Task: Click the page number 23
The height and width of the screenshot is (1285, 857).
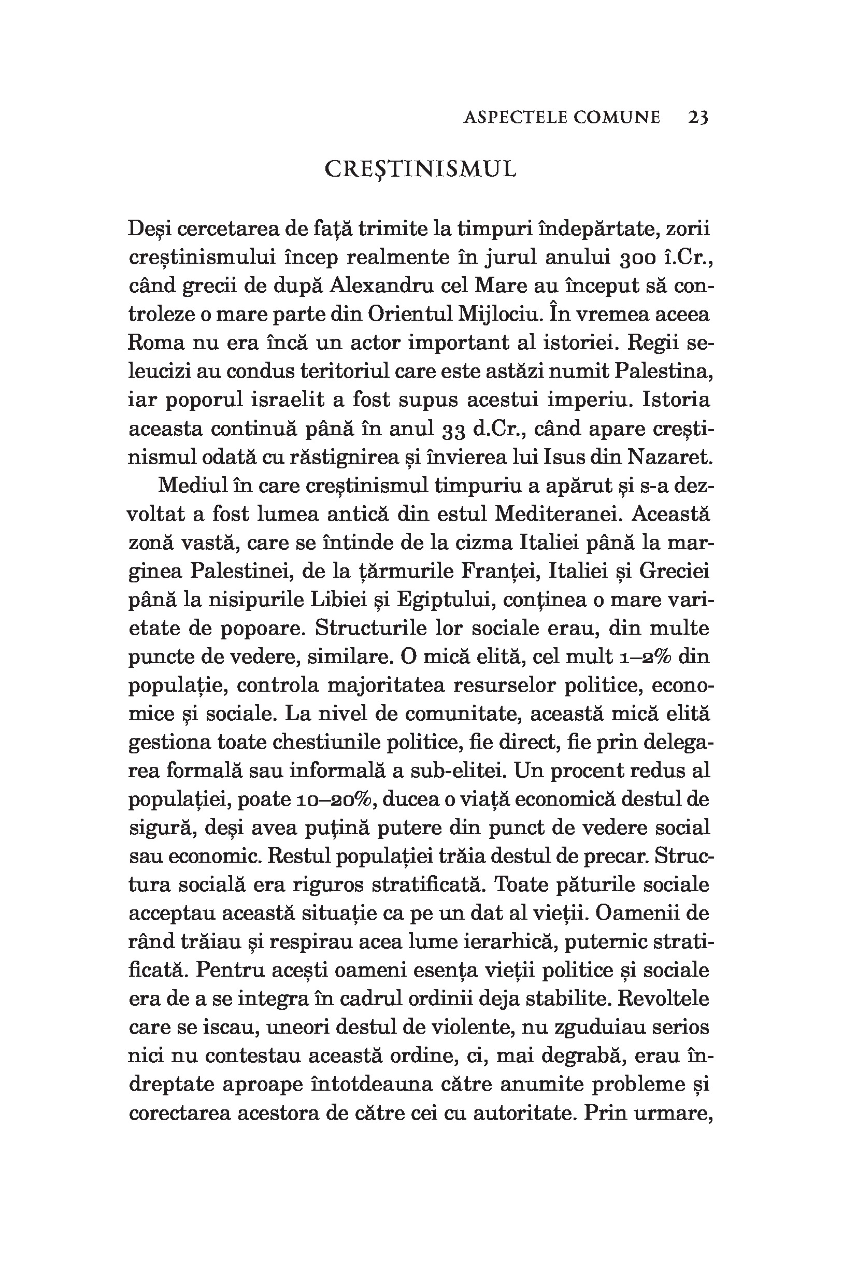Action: (698, 118)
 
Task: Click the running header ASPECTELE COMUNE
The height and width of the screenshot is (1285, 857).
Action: (561, 118)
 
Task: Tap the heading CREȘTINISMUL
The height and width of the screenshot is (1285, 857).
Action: (420, 170)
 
